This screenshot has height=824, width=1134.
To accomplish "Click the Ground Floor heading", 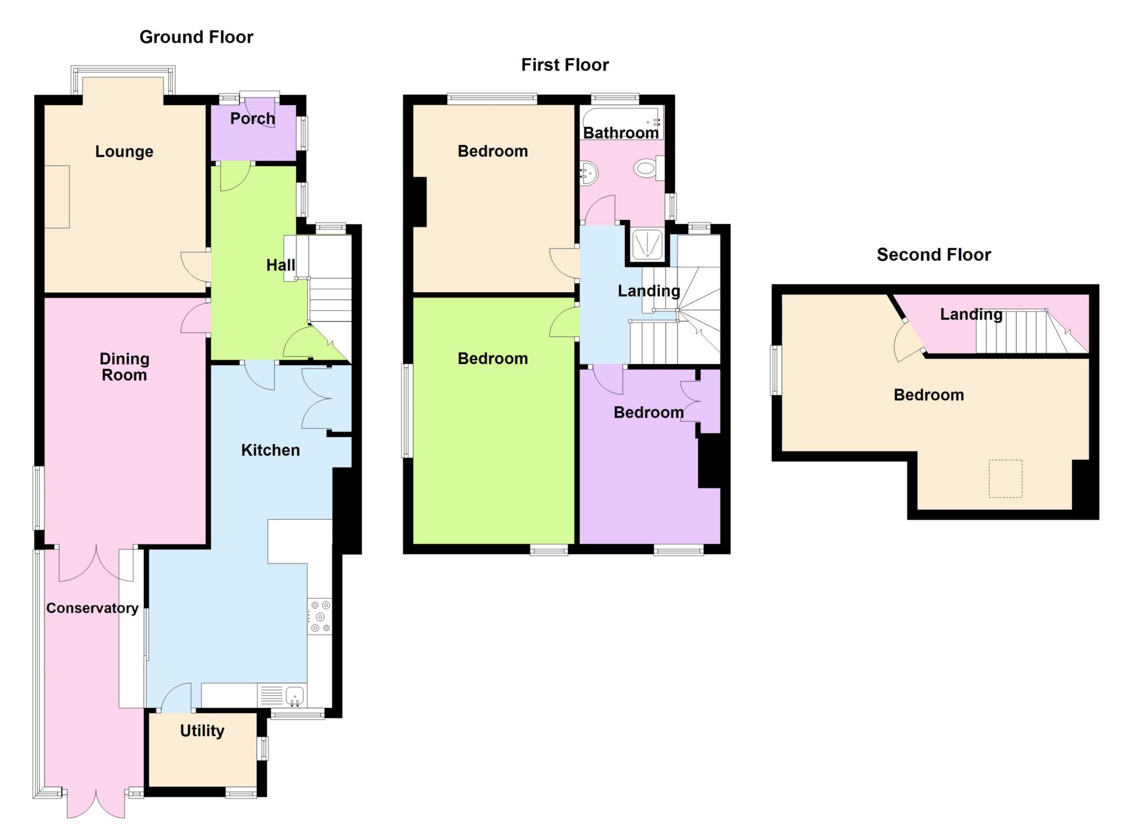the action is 196,37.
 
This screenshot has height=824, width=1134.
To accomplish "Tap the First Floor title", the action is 565,65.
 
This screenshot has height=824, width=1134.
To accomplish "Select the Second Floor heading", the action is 934,255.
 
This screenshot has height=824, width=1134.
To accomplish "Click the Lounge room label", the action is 124,152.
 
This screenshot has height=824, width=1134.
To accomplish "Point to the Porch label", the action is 252,118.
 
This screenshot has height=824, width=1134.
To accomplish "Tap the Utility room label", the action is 202,731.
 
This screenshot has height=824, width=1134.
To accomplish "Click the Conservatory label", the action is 92,608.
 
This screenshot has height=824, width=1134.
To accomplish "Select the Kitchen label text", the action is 270,450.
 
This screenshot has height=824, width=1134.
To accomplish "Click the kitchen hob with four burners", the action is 320,616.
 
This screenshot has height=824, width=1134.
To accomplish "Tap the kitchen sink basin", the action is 295,695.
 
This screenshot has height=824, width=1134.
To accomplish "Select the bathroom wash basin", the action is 589,174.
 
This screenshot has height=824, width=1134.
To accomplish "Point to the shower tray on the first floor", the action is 647,243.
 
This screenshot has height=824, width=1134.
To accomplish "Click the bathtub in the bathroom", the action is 622,123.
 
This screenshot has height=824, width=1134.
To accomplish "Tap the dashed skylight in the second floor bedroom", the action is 1006,479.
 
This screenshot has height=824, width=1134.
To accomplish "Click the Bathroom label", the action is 621,133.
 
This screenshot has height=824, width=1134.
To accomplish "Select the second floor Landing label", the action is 971,314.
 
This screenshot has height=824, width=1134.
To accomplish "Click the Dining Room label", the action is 125,367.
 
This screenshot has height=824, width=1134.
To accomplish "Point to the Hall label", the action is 281,265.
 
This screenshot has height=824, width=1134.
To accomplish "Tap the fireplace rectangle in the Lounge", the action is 57,196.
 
